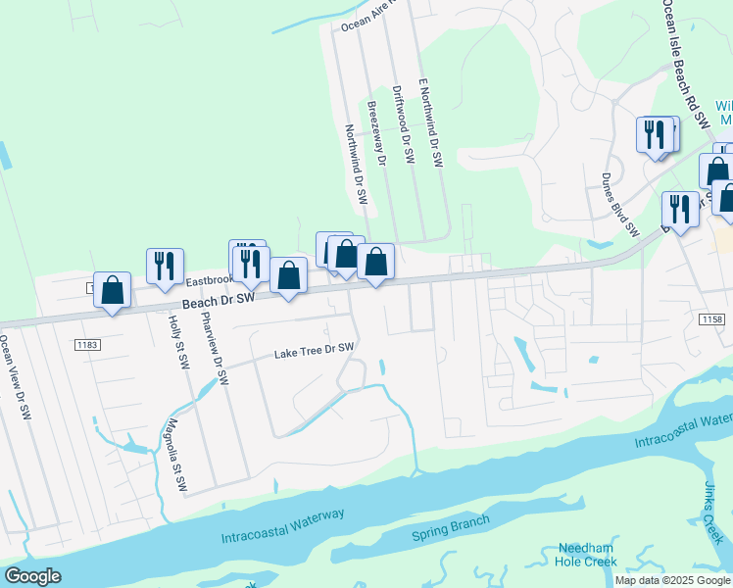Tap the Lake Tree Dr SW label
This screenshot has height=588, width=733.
[313, 351]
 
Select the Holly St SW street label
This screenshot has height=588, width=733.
[176, 341]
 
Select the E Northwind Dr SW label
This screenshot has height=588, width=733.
[430, 123]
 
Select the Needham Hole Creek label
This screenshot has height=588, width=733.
[587, 555]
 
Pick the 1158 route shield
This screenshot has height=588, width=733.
[712, 319]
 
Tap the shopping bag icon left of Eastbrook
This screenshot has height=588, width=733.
[113, 289]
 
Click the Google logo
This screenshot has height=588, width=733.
[32, 576]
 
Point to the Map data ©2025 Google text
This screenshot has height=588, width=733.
[672, 580]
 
